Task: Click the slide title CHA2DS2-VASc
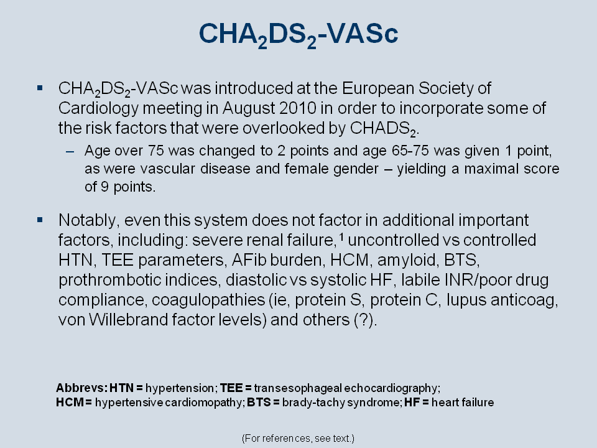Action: coord(298,35)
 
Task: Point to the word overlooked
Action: coord(283,128)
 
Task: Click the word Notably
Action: coord(89,220)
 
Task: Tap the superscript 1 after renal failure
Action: coord(341,236)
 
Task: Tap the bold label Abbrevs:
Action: coord(81,388)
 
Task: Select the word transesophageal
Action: coord(298,388)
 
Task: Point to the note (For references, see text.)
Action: coord(298,439)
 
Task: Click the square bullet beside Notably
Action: coord(40,220)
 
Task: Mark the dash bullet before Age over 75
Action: coord(70,152)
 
